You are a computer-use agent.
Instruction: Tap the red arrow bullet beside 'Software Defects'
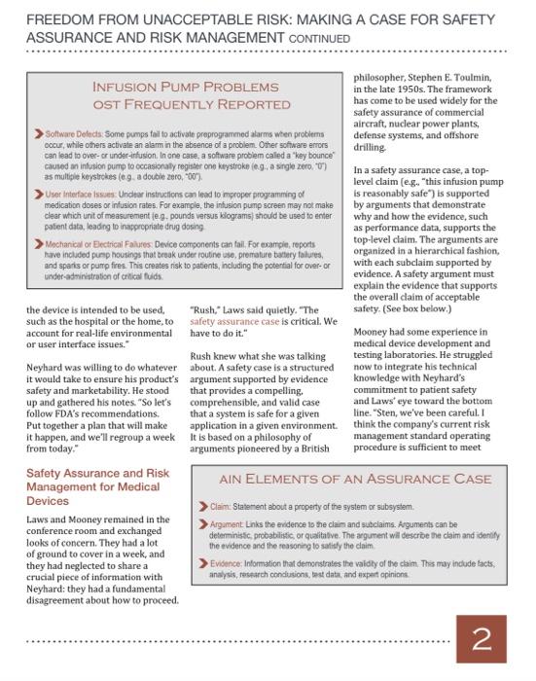coord(38,131)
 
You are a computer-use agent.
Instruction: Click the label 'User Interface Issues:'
coord(80,196)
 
